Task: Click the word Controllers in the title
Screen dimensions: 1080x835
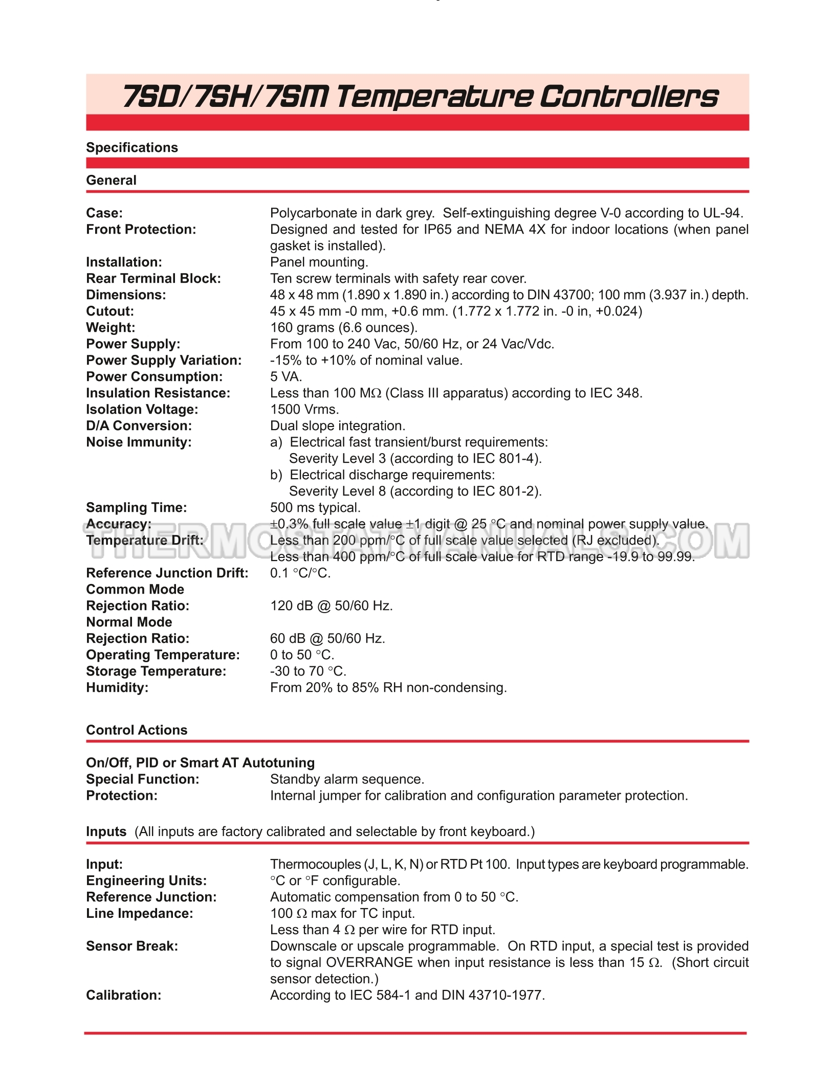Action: point(629,97)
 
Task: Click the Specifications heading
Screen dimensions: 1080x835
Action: point(132,148)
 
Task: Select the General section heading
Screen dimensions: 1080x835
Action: point(111,181)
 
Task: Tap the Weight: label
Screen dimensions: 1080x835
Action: point(111,328)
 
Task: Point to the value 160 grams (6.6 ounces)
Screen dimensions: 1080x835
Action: point(343,328)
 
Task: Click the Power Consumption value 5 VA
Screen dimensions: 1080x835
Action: point(286,377)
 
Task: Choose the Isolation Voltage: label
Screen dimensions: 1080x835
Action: point(142,410)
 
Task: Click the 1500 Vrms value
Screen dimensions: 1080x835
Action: point(304,410)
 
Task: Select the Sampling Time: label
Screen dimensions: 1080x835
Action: point(136,508)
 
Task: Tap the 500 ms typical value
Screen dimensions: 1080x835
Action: point(315,508)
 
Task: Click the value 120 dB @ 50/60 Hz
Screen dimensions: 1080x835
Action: point(331,606)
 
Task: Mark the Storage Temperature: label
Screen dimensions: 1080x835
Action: point(156,671)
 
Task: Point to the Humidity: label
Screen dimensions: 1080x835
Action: point(117,688)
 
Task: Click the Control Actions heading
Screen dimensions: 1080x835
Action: point(137,730)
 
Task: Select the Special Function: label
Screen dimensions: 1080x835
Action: point(142,779)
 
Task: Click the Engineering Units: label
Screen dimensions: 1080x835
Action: point(146,881)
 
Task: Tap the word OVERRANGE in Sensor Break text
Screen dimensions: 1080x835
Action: point(369,963)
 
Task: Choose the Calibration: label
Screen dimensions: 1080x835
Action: point(123,996)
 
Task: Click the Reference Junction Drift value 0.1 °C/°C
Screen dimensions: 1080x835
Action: point(300,573)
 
